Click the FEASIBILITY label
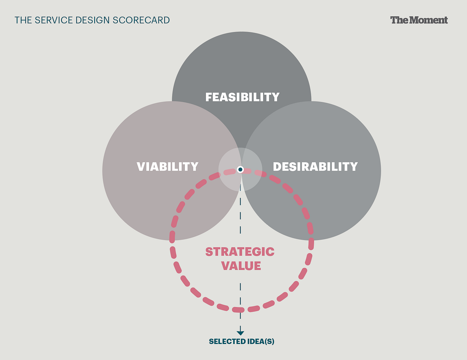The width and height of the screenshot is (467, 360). pos(242,97)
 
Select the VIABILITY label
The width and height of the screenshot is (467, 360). pos(167,167)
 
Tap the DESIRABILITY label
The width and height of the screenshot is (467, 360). pos(315,167)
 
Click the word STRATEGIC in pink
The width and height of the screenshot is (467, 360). pos(240,252)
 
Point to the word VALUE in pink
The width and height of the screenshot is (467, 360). pos(241,266)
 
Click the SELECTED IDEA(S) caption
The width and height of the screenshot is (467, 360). pos(241,342)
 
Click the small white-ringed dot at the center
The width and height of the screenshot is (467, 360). pos(241,170)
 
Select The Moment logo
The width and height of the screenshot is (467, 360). pos(419,20)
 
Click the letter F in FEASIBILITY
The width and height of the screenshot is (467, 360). pos(209,97)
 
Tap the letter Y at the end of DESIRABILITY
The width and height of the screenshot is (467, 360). pos(354,167)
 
